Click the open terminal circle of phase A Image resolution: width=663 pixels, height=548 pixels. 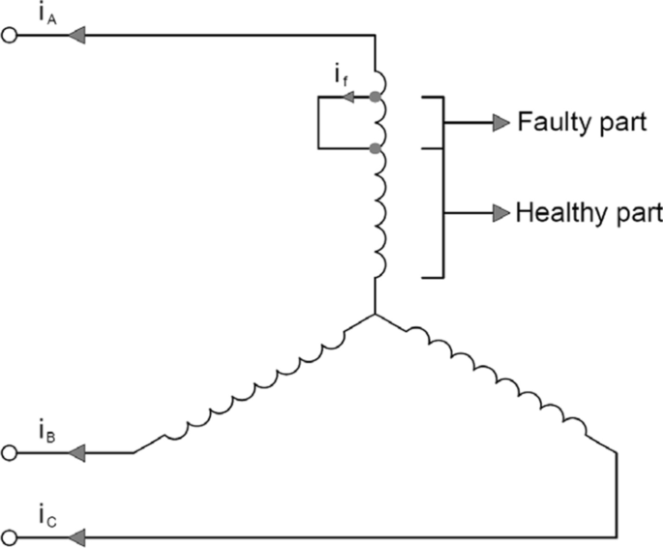(x=12, y=36)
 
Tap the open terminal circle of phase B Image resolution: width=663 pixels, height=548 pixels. (x=12, y=452)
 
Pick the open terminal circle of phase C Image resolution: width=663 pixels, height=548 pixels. (x=12, y=534)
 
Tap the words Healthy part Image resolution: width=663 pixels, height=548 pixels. (x=588, y=212)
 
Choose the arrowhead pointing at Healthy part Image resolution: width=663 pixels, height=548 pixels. (x=499, y=212)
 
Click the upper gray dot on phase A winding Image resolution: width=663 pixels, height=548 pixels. (x=373, y=97)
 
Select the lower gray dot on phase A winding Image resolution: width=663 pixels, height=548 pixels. (x=373, y=148)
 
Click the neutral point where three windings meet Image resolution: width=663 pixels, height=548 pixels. (x=373, y=315)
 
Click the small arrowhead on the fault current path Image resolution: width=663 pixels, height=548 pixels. (x=349, y=97)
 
